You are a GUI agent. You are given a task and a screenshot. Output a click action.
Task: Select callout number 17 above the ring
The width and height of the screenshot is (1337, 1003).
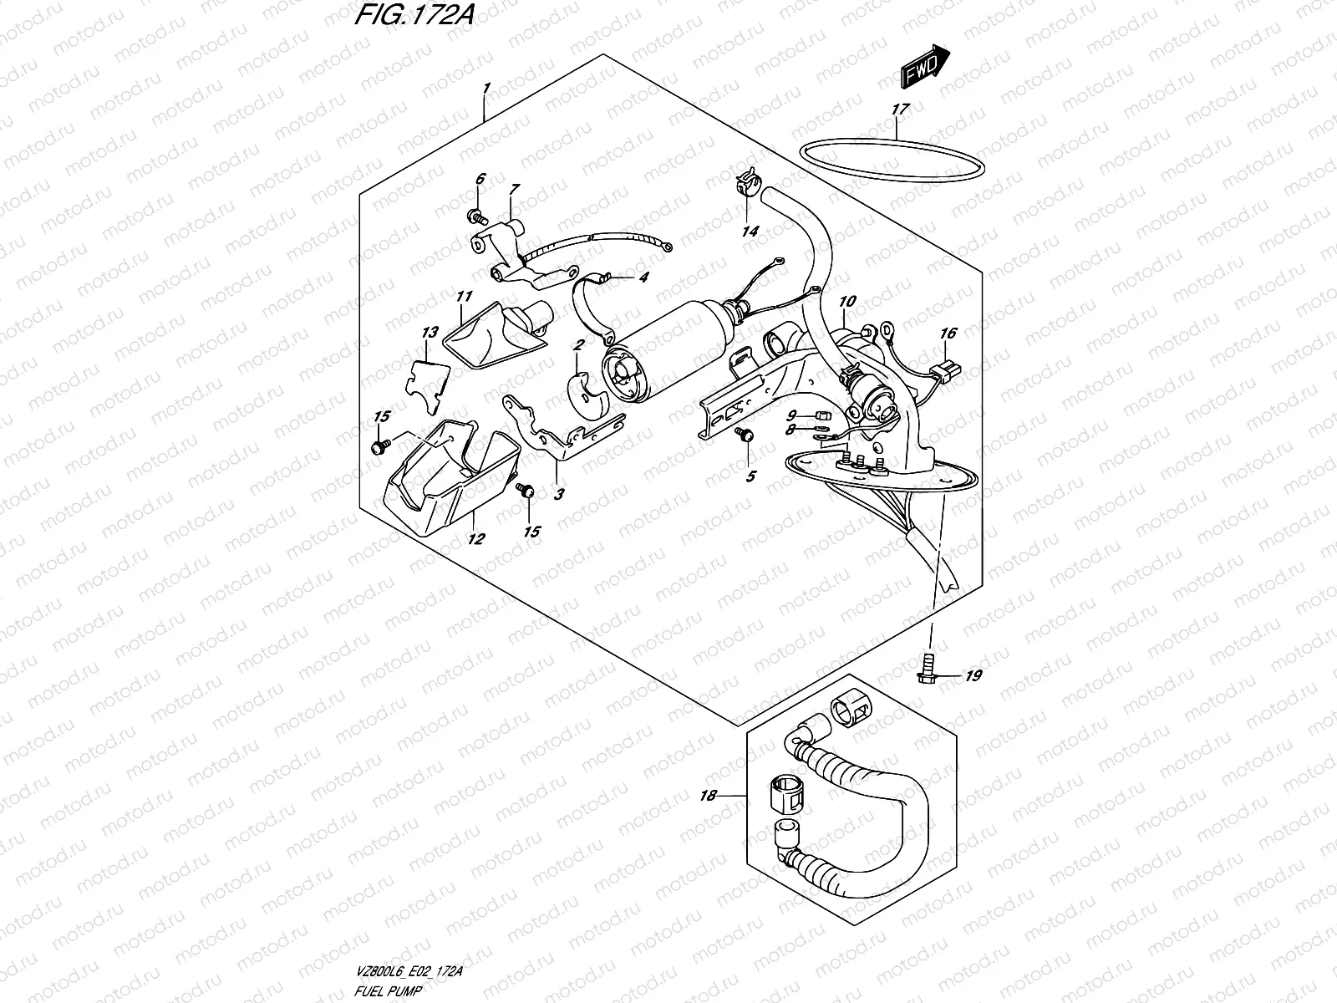(899, 109)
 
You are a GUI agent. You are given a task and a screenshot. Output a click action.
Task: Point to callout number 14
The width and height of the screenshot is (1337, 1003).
(750, 231)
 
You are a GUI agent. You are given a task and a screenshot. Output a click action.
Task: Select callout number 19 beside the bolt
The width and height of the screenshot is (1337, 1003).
(973, 676)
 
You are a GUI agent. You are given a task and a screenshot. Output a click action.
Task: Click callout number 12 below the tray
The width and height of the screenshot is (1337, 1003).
(475, 539)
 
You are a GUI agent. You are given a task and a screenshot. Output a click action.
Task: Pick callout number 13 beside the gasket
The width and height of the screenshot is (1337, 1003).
(429, 333)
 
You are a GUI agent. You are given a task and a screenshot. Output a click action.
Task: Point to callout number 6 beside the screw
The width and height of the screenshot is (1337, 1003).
(480, 179)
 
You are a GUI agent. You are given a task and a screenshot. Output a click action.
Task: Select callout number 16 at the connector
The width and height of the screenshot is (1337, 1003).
(947, 333)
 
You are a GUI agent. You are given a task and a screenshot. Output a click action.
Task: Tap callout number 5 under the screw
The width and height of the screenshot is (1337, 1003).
(750, 476)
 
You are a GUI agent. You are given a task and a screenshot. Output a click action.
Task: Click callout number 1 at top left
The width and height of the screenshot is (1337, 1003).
(486, 88)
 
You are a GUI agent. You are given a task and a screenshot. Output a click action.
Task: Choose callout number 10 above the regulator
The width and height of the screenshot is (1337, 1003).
(848, 300)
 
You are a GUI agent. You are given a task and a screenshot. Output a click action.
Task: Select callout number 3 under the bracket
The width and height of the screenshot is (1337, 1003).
(558, 494)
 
